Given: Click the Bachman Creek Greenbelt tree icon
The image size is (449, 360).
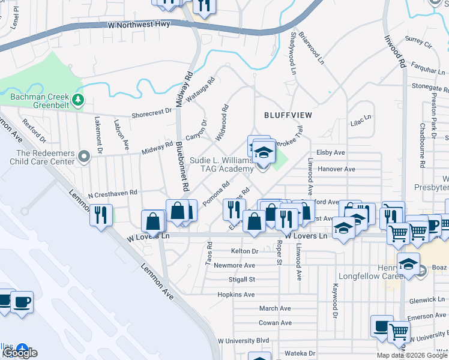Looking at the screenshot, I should pos(77,99).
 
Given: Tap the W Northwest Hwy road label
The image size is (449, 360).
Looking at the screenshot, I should pos(139,25).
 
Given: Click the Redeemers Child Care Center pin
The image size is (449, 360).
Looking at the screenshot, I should pos(83,157).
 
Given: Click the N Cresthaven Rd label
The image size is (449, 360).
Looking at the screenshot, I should pos(113,194).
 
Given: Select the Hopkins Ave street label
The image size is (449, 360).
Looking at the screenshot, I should pos(236,295).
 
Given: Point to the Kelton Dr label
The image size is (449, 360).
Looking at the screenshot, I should pos(244,251).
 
